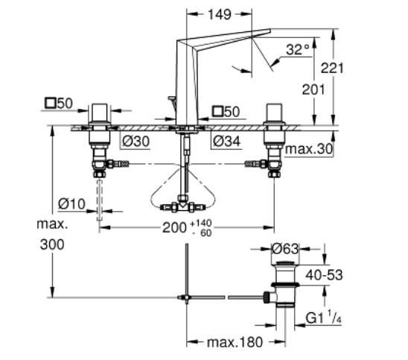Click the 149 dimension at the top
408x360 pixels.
220,15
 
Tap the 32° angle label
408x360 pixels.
298,49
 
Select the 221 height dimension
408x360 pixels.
332,69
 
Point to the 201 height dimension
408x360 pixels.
313,89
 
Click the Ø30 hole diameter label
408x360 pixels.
136,142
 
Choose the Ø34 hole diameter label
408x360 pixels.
226,142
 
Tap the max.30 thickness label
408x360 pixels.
309,149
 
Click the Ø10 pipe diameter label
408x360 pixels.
71,204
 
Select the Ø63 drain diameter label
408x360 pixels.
285,249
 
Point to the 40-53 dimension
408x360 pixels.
324,275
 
